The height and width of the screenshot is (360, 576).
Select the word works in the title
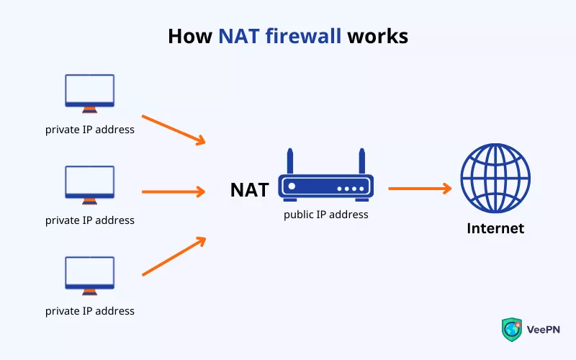coord(377,35)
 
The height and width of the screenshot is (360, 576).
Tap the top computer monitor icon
coord(89,92)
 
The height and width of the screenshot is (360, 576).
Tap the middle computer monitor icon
coord(89,183)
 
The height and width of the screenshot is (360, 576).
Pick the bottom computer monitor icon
coord(89,274)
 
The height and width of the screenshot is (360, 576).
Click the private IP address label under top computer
coord(89,130)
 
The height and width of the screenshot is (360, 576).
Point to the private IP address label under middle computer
coord(89,220)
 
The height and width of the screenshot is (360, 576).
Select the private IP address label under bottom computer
coord(89,311)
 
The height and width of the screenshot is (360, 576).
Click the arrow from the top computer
coord(174,129)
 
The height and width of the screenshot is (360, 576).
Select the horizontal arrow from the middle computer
coord(174,192)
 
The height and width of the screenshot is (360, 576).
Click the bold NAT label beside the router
coord(249,190)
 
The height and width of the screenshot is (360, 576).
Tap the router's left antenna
coord(290,162)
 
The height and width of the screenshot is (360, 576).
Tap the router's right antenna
coord(361,162)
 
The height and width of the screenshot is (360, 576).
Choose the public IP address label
coord(325,215)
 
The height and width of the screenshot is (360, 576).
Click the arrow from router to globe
coord(420,189)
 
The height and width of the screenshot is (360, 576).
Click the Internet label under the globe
coord(495,229)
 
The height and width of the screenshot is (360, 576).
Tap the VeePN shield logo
coord(511,328)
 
